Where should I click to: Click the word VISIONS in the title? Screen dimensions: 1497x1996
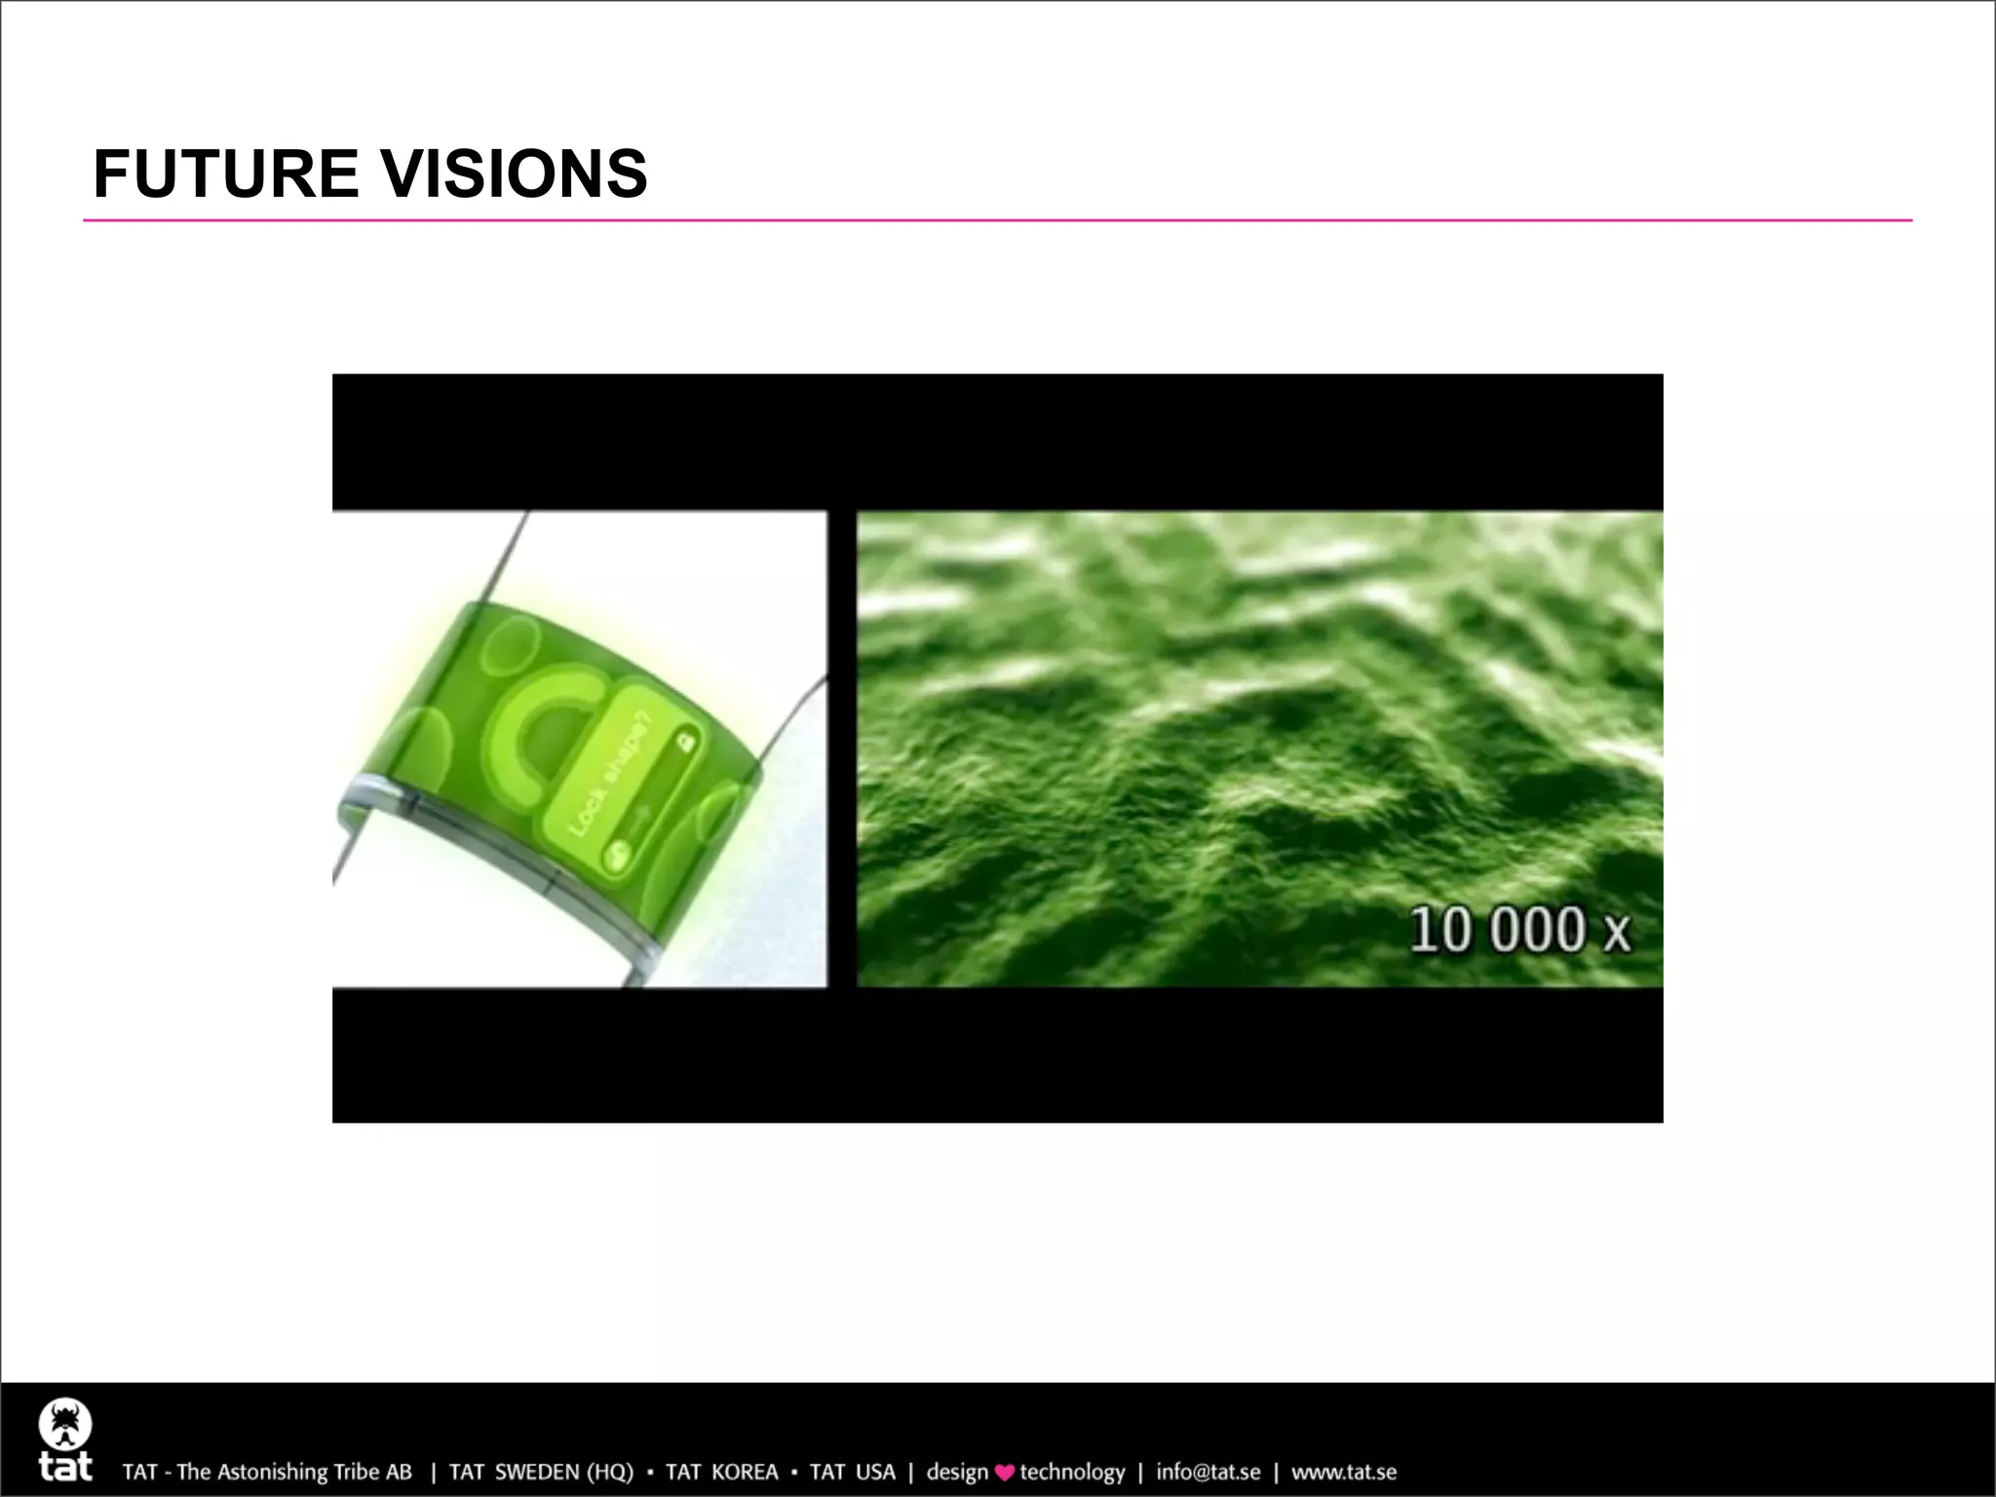click(x=514, y=174)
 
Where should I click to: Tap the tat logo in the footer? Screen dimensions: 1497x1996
click(x=65, y=1439)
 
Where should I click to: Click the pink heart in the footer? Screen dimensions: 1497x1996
click(x=1005, y=1473)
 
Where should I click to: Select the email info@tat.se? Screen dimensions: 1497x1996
click(x=1208, y=1472)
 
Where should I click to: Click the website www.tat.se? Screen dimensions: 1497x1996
click(x=1344, y=1472)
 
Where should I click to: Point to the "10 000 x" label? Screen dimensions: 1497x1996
click(x=1519, y=930)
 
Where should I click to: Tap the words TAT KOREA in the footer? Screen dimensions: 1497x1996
click(x=721, y=1472)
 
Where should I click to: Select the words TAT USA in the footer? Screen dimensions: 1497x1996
click(x=852, y=1472)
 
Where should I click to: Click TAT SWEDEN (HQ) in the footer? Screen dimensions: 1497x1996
click(x=540, y=1472)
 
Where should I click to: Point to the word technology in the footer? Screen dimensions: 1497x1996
click(x=1072, y=1472)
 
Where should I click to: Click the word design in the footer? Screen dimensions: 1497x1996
click(x=957, y=1472)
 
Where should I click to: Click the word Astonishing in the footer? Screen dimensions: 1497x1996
click(x=272, y=1472)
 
